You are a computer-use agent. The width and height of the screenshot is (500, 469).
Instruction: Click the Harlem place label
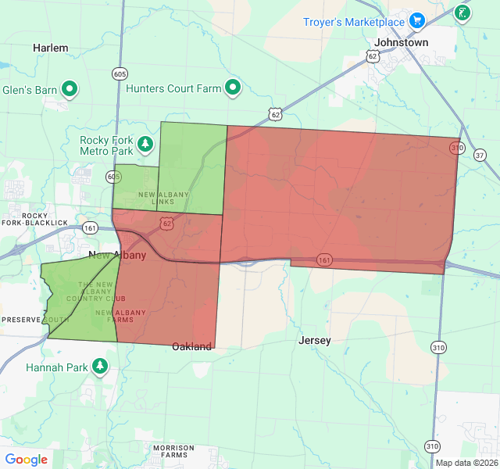point(51,48)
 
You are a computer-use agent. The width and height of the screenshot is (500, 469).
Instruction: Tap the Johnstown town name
point(402,42)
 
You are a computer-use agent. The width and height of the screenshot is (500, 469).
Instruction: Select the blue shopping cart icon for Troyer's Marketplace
point(417,20)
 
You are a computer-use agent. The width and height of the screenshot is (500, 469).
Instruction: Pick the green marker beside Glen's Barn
point(70,89)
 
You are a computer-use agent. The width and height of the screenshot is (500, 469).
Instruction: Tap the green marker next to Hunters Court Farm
point(232,88)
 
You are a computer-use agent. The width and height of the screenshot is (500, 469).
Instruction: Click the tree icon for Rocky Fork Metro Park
point(145,144)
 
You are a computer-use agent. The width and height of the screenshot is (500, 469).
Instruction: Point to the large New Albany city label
point(117,256)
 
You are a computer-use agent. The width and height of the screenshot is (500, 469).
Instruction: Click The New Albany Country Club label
point(95,292)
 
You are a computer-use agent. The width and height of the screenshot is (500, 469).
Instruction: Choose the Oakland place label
point(192,346)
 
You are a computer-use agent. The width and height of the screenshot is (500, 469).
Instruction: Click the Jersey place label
point(315,341)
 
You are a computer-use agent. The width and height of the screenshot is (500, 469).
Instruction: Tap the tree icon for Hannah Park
point(100,366)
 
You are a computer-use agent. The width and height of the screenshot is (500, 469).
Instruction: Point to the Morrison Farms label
point(173,451)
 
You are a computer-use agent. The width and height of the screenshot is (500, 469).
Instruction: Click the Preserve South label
point(35,320)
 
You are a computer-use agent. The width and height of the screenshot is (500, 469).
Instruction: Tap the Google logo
point(27,460)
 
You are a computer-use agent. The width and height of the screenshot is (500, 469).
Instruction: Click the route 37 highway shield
point(479,156)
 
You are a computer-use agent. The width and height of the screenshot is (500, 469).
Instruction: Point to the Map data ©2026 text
point(466,463)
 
